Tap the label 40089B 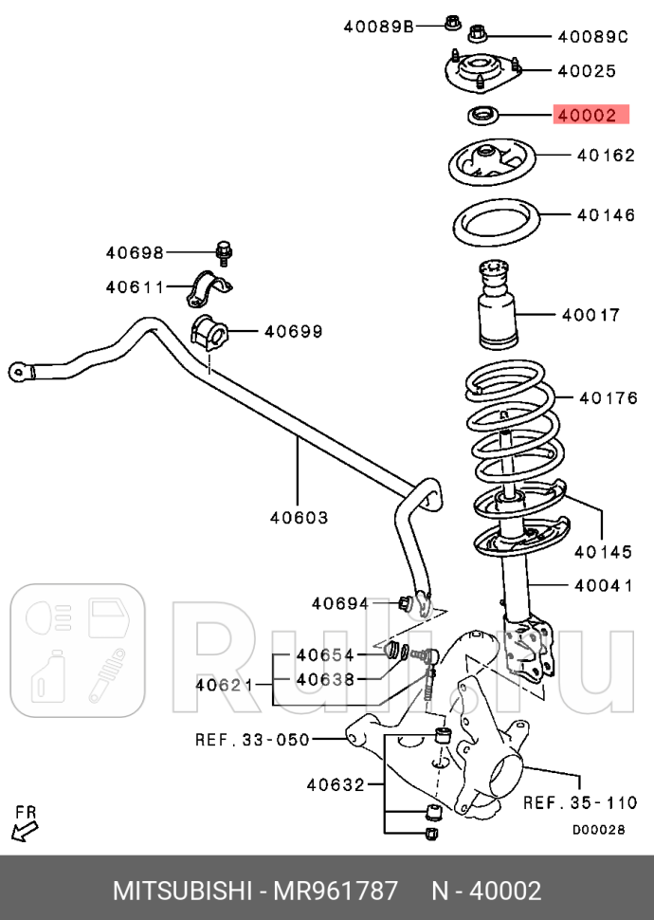[378, 27]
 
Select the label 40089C [592, 37]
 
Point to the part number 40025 [587, 70]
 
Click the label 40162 [606, 155]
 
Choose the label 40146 [606, 215]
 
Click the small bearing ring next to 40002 [483, 117]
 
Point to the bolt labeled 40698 [225, 252]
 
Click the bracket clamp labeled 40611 [210, 288]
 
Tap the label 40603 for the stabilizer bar [299, 518]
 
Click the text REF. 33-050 [252, 739]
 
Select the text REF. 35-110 [580, 802]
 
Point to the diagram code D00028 [598, 829]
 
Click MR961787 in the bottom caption [336, 892]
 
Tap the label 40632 [336, 783]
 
